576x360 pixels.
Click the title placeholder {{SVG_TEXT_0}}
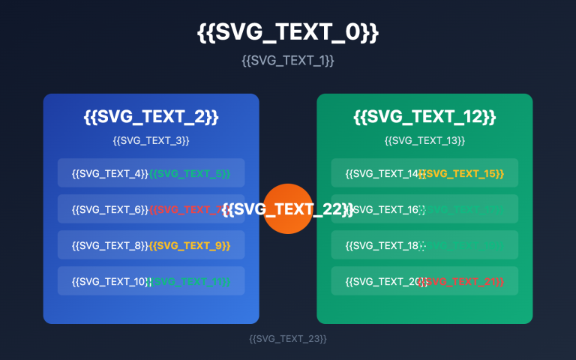(x=288, y=32)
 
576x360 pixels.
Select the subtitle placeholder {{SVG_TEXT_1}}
(x=288, y=60)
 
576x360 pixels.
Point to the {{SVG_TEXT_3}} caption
(x=151, y=140)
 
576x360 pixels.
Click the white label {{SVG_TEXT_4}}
(x=109, y=173)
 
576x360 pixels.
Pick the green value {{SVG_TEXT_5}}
(x=190, y=173)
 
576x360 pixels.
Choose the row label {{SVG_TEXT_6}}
(x=109, y=209)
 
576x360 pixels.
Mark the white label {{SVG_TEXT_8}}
(x=109, y=245)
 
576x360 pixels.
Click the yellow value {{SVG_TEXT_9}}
(x=190, y=245)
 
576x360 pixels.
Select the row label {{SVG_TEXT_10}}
(x=111, y=281)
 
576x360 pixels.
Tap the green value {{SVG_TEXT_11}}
(x=190, y=281)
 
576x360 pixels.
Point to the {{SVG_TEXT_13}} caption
(x=424, y=140)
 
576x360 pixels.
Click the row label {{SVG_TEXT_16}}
(x=384, y=209)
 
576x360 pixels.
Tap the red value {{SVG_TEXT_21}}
(x=462, y=281)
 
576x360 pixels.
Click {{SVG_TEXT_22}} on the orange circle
(x=288, y=209)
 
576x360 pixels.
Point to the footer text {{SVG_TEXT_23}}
(x=288, y=339)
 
